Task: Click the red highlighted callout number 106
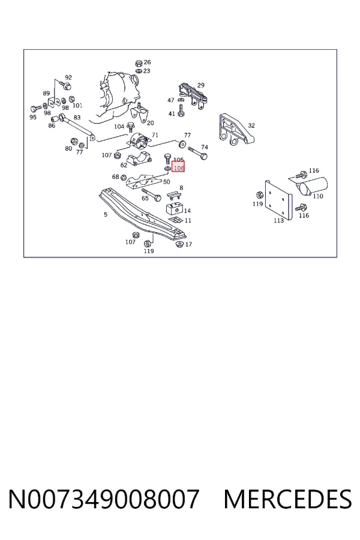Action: tap(178, 168)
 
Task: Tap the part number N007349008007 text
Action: tap(104, 499)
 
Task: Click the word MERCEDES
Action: tap(287, 499)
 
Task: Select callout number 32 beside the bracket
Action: tap(251, 125)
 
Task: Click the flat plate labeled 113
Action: tap(278, 199)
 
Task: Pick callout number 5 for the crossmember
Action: tap(106, 215)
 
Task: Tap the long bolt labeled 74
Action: tap(197, 153)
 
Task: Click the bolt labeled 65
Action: tap(151, 194)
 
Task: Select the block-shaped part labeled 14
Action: tap(175, 209)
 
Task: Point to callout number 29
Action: tap(201, 85)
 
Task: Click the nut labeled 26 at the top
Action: tap(139, 63)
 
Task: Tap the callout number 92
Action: tap(68, 77)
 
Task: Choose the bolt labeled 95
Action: tap(34, 109)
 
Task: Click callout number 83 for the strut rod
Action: tap(77, 118)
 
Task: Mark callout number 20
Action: tap(150, 123)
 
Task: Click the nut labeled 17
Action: tap(179, 244)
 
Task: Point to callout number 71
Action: tap(155, 135)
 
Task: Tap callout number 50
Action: tap(166, 181)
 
